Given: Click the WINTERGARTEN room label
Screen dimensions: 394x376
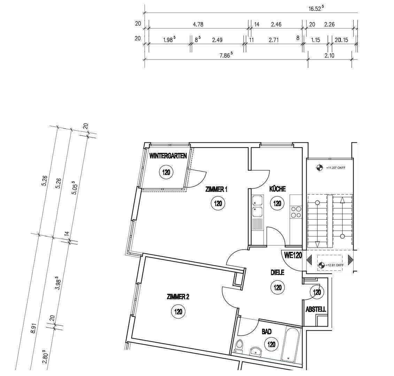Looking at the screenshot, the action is click(168, 156).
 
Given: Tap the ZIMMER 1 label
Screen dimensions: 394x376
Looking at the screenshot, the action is click(216, 189).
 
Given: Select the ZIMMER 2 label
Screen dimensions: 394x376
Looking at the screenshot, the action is click(178, 297).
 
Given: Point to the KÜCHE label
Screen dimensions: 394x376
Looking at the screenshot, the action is click(277, 189).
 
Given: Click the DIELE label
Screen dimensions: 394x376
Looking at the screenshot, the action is click(277, 273).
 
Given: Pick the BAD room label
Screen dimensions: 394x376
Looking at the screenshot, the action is click(266, 332).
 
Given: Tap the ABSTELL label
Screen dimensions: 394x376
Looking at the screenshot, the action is click(316, 310).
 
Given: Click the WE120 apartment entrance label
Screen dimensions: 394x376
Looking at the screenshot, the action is click(293, 256).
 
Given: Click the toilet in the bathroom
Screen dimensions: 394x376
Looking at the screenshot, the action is click(240, 346).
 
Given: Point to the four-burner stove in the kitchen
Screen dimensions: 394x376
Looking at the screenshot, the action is click(295, 211).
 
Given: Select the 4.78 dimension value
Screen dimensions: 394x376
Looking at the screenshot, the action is click(198, 24).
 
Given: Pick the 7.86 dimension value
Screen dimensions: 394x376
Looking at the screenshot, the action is click(226, 55).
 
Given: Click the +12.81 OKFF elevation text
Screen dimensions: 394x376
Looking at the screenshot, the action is click(334, 265).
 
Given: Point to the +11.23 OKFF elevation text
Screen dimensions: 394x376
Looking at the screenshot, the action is click(335, 168).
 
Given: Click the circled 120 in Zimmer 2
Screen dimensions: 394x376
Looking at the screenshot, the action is click(178, 312).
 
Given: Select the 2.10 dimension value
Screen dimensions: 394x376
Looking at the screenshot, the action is click(329, 55).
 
